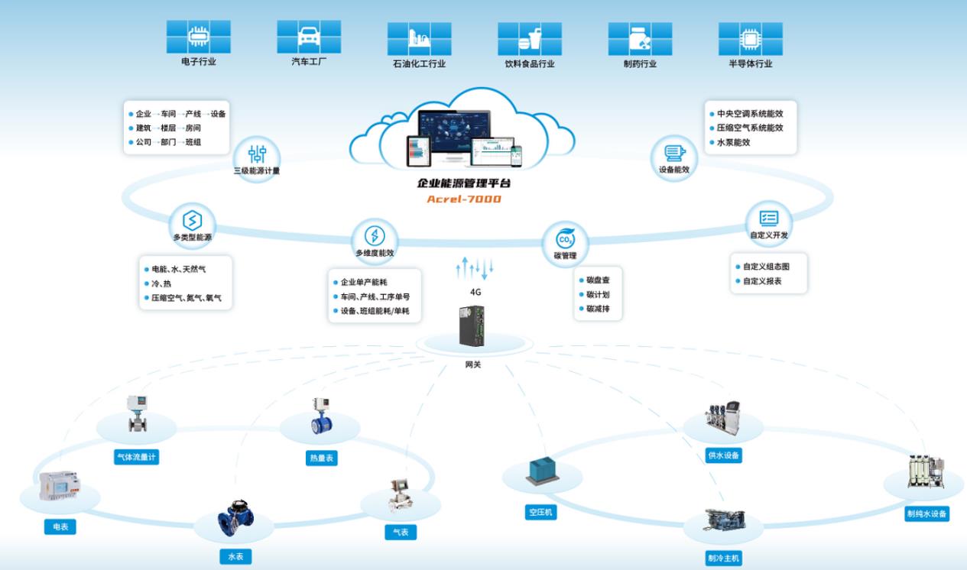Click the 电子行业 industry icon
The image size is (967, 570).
tap(199, 36)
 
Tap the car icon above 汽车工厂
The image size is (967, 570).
tap(309, 36)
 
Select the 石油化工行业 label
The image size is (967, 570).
tap(419, 64)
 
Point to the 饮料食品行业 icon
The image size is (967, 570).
tap(530, 37)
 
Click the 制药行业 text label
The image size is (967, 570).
tap(640, 64)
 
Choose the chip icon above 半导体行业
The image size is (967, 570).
tap(750, 37)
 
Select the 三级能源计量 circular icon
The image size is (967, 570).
tap(257, 151)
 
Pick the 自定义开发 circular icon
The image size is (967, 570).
tap(768, 218)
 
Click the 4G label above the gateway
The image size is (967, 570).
tap(475, 291)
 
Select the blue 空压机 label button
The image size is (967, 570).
tap(540, 513)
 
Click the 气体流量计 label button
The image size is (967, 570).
tap(137, 458)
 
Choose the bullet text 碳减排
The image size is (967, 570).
tap(598, 309)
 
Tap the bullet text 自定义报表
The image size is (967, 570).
tap(762, 281)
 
